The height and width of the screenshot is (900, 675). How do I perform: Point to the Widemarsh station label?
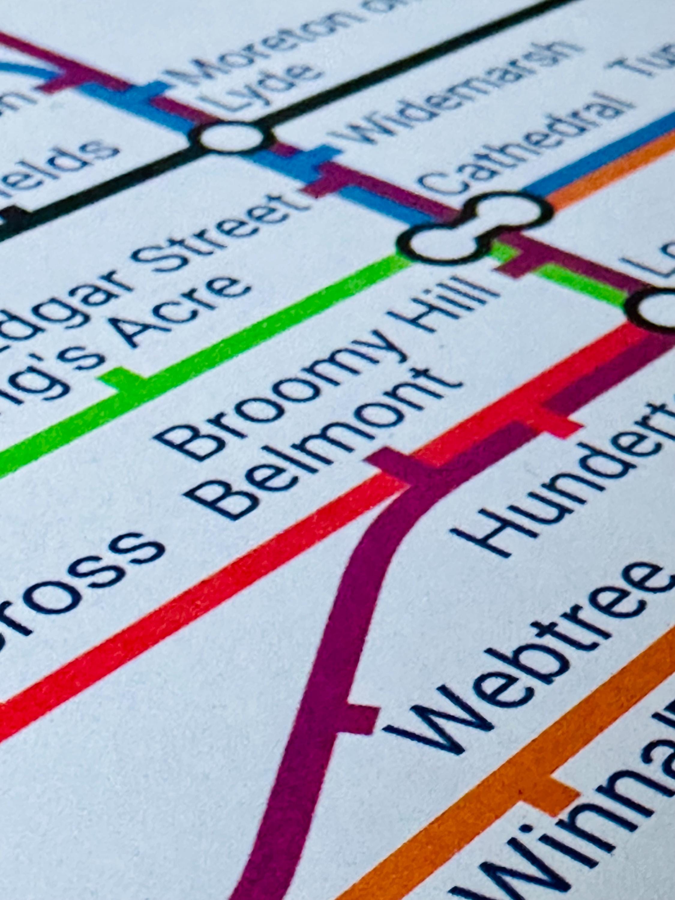pos(456,89)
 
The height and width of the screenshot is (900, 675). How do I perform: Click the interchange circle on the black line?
pos(232,136)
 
